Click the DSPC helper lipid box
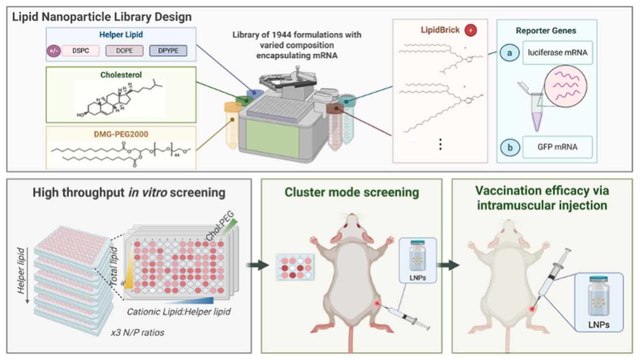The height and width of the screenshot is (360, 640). pyautogui.click(x=80, y=51)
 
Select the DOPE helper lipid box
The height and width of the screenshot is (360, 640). pyautogui.click(x=124, y=51)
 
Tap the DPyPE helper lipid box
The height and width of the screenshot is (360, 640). pyautogui.click(x=168, y=51)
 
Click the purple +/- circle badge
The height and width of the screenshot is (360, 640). pyautogui.click(x=54, y=51)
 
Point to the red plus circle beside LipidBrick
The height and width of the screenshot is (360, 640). pyautogui.click(x=471, y=30)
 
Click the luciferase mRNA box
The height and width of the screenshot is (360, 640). pyautogui.click(x=557, y=52)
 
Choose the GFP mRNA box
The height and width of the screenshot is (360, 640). pyautogui.click(x=557, y=147)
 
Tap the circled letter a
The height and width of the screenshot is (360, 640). pyautogui.click(x=509, y=53)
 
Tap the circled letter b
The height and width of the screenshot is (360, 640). pyautogui.click(x=510, y=147)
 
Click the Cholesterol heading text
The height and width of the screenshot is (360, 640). pyautogui.click(x=121, y=75)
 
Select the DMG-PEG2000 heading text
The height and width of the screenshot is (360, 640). pyautogui.click(x=121, y=134)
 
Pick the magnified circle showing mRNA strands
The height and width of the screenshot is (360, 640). pyautogui.click(x=566, y=86)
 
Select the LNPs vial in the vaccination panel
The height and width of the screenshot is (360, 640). pyautogui.click(x=599, y=297)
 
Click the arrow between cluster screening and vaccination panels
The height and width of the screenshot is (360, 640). pyautogui.click(x=448, y=265)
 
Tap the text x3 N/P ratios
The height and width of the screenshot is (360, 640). pyautogui.click(x=138, y=332)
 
